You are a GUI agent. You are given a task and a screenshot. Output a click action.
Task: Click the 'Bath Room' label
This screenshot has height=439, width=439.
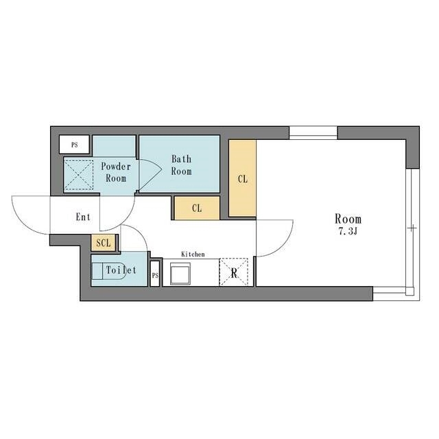pos(181,165)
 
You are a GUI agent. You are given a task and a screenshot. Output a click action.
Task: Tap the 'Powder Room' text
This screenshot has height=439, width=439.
pos(116,172)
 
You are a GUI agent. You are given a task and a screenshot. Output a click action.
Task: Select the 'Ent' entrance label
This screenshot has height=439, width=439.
pos(83,217)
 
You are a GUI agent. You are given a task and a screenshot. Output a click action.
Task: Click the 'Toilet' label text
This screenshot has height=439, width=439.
pos(121,270)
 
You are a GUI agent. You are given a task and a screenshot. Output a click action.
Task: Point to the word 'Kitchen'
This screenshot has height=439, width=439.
pos(193,254)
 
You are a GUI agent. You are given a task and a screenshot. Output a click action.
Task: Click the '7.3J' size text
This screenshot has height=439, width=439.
pos(348,231)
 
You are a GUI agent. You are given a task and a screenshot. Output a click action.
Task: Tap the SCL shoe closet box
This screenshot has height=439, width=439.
pos(104,242)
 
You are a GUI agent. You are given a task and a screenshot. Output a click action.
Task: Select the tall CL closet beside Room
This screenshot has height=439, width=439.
pos(242,178)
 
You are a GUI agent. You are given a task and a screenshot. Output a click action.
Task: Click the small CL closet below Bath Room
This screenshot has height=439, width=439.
pos(197,208)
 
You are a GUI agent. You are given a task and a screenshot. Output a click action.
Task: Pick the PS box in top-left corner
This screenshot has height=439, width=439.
pos(74,145)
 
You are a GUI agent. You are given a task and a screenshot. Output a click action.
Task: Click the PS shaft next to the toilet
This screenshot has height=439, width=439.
pos(155,274)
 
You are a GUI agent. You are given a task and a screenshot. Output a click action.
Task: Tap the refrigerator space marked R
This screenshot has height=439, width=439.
pos(234,272)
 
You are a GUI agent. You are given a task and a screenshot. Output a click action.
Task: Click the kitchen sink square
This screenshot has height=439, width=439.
pos(180,274)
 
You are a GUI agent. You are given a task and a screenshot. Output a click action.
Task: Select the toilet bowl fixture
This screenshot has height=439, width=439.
pos(108,271)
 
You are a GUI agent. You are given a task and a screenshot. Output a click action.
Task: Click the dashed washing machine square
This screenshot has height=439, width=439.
pos(79,175)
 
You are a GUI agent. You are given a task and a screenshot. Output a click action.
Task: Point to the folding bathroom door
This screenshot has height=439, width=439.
pos(150,174)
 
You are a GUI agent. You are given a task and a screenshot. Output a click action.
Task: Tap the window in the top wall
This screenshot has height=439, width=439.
pos(313,132)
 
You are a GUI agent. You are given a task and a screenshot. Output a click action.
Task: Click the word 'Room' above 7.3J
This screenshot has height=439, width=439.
pos(348,219)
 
